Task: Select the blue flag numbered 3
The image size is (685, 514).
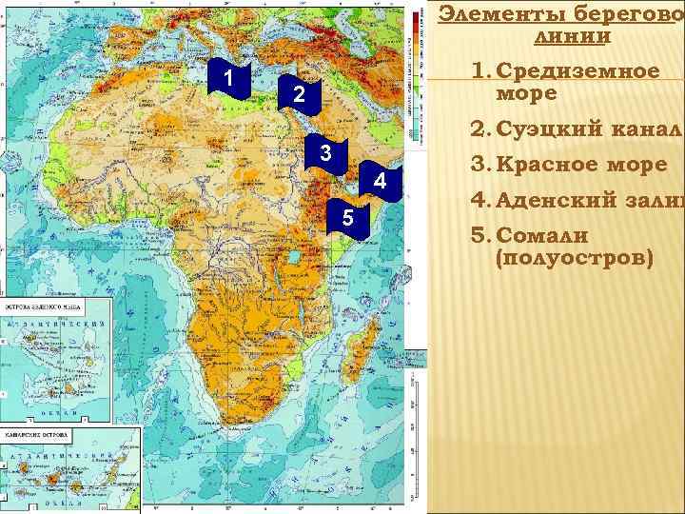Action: click(325, 154)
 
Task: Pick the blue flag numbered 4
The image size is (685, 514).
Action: click(380, 182)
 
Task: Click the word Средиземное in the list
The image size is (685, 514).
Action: click(577, 72)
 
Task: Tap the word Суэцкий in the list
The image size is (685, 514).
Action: click(553, 131)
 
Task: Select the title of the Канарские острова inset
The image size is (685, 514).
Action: click(38, 435)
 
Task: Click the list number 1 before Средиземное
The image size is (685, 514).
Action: click(479, 72)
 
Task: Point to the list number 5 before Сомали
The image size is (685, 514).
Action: click(479, 235)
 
